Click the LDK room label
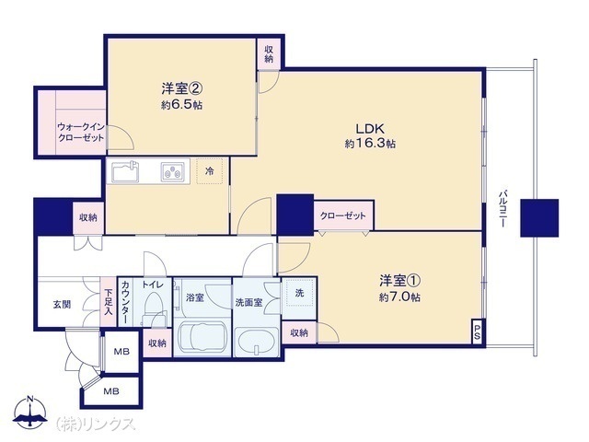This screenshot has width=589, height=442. coord(370,129)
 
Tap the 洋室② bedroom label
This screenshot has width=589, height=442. coord(182,88)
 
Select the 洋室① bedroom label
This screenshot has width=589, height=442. coord(399,280)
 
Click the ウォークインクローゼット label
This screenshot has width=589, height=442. coord(81,132)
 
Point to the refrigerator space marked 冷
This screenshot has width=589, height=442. coord(210,171)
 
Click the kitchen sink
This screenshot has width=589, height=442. coord(125,171)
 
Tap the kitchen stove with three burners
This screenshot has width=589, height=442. coord(173,172)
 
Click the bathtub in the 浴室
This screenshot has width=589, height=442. coord(202,337)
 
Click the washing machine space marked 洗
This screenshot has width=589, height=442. coord(299,293)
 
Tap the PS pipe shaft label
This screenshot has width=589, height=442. coord(477,331)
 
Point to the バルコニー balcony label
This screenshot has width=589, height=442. coord(502,209)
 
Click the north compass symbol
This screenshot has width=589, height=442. coord(30,412)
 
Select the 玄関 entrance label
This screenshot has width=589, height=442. coord(62,305)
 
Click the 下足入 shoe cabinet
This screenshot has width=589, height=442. coord(109,302)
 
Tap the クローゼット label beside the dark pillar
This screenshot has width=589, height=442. coord(342,215)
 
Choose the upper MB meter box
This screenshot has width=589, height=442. coord(121,352)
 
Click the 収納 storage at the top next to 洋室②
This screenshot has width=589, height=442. coord(269,54)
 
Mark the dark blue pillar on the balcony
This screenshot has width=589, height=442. coord(539,218)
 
